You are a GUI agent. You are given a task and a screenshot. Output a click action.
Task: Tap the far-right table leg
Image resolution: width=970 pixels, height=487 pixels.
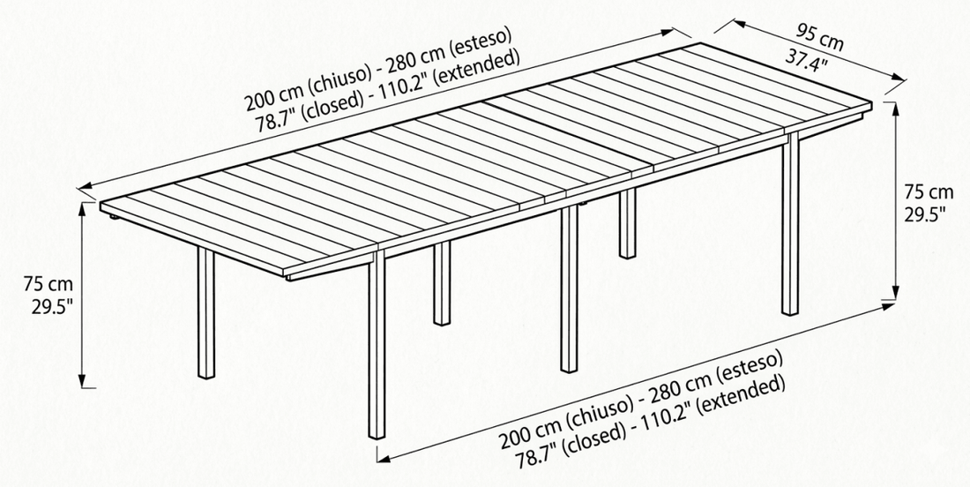tap(790, 223)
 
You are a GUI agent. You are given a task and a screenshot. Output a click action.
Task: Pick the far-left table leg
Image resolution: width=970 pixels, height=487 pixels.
tap(206, 312)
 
